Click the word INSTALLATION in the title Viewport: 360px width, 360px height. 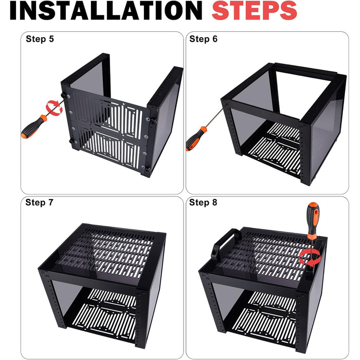(x=106, y=11)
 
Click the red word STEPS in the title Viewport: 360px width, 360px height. (x=255, y=11)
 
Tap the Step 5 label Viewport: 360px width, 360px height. (x=40, y=39)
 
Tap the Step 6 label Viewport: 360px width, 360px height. (x=203, y=39)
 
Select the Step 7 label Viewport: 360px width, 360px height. (x=39, y=203)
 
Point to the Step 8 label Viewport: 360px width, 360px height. (x=203, y=203)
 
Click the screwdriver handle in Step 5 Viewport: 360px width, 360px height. (x=33, y=127)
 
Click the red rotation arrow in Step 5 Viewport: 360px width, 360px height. (x=54, y=107)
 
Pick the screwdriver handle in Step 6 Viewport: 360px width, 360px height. (x=196, y=139)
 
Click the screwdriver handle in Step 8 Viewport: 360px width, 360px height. (x=313, y=221)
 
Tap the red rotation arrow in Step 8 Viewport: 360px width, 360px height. (x=310, y=258)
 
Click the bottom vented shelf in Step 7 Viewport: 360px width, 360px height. (x=104, y=318)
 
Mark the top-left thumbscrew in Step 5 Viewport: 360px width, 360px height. (x=63, y=95)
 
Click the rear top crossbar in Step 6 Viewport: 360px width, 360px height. (x=305, y=69)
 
